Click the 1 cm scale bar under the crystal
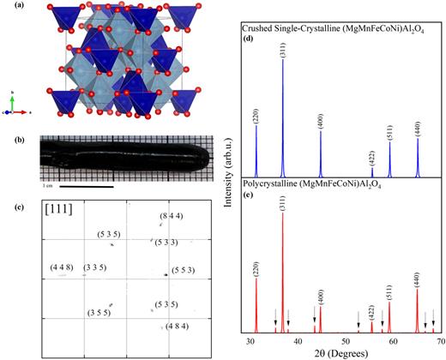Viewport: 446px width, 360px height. [x=77, y=183]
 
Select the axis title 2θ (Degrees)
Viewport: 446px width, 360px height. [x=346, y=353]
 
